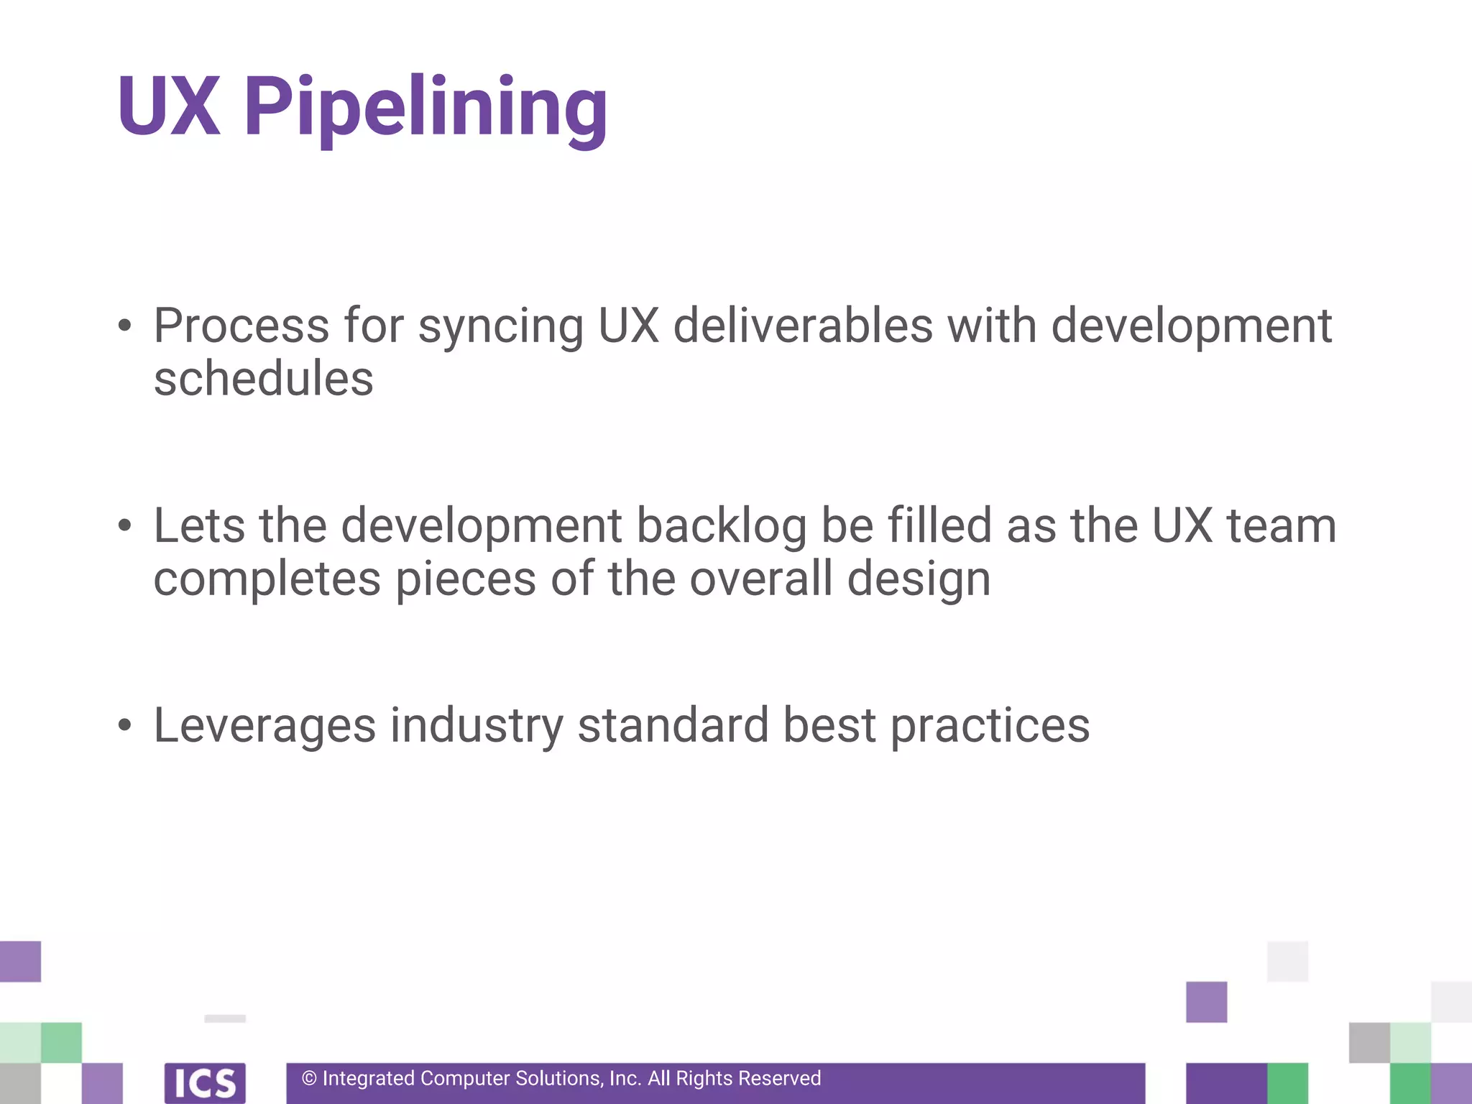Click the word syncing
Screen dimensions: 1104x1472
click(x=500, y=328)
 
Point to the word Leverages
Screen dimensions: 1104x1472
click(x=264, y=726)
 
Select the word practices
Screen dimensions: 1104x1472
click(x=990, y=726)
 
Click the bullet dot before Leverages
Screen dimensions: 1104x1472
click(x=125, y=725)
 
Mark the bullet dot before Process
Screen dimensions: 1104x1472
click(x=125, y=326)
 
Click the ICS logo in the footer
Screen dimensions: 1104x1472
click(x=205, y=1082)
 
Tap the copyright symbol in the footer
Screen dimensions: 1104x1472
click(x=309, y=1079)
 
